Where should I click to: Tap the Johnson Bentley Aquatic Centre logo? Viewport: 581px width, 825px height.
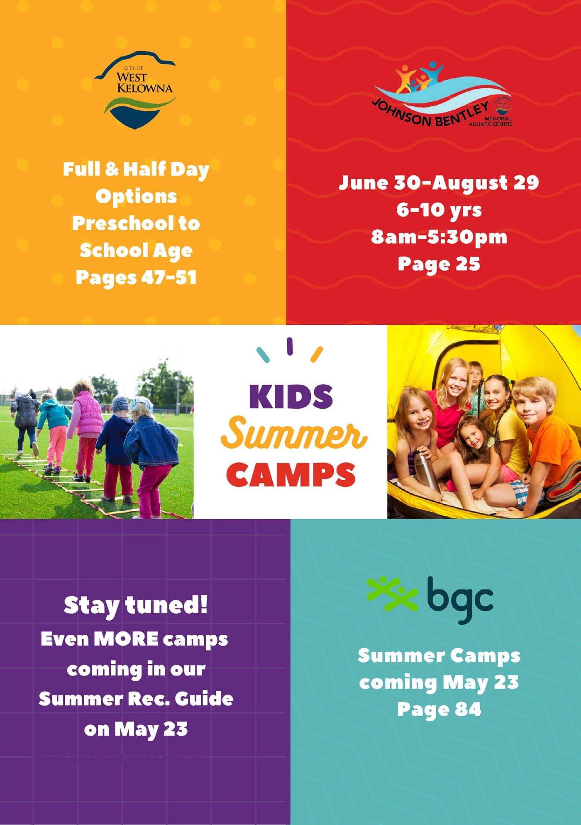(442, 96)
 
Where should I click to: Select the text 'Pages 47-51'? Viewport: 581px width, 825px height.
(136, 277)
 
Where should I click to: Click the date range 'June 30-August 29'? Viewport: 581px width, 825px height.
(439, 183)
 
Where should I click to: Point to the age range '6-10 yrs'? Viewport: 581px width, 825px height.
(439, 210)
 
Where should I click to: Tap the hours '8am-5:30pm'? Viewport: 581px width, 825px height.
(439, 237)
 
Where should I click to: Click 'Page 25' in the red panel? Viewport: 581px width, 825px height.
(439, 263)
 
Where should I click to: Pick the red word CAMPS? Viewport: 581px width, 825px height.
(290, 474)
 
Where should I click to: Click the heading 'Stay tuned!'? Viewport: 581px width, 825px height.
(136, 606)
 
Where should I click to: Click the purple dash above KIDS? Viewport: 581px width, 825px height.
(290, 346)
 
